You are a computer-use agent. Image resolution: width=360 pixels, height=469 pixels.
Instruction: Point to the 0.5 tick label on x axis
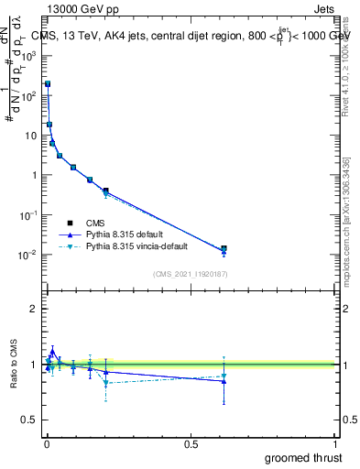pos(191,444)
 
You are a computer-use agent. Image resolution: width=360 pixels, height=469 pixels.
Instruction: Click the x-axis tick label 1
pos(336,444)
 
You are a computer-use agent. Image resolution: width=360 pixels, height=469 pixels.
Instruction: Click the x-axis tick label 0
pos(47,444)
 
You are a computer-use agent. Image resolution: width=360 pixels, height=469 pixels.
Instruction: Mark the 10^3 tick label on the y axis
pos(28,55)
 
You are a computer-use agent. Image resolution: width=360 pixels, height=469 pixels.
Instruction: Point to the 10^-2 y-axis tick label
pos(28,255)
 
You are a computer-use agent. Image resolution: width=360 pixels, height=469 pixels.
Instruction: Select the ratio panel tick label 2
pos(34,309)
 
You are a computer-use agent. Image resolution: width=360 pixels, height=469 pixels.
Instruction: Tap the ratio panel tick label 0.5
pos(30,420)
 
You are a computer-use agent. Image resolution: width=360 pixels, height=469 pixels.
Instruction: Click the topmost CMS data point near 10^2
pos(48,83)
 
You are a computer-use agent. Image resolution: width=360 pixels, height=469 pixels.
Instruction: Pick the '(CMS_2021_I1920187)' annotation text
pos(191,273)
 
